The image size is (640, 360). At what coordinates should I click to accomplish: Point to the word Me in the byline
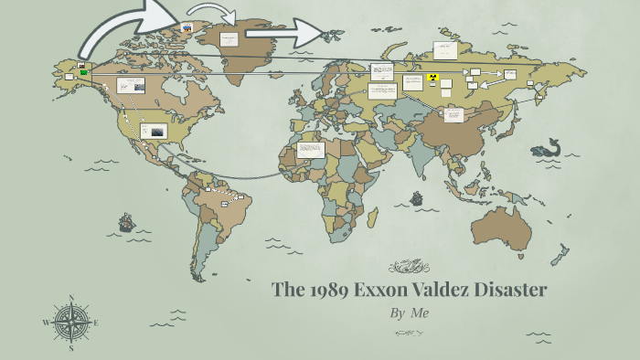420,312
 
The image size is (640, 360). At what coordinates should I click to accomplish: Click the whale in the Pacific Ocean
546,147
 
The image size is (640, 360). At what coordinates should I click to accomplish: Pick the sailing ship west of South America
126,222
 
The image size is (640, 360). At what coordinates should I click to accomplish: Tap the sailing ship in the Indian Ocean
417,197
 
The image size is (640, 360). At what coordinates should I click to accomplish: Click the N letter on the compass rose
71,298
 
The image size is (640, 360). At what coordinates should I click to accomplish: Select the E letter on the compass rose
96,323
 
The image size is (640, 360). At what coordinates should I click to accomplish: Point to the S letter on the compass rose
71,348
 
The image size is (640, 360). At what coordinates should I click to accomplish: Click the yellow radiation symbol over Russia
432,79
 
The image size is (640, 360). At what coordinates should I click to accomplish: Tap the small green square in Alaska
83,71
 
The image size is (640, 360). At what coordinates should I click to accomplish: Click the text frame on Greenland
229,39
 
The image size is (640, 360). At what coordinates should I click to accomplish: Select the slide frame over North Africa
311,149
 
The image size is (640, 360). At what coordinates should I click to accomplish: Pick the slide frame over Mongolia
453,114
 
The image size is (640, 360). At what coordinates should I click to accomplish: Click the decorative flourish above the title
409,267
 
